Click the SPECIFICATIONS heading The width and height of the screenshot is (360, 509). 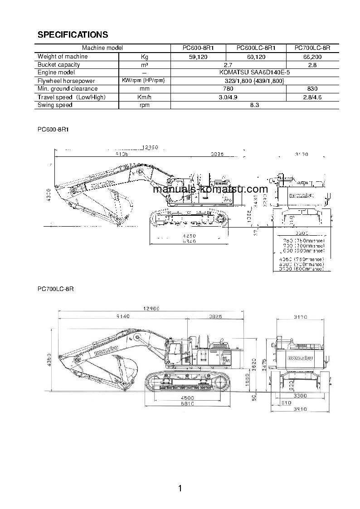click(73, 35)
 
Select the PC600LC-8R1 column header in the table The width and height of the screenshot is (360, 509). click(256, 48)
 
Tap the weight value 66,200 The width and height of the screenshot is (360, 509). click(312, 57)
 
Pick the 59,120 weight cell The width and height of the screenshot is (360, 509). click(198, 57)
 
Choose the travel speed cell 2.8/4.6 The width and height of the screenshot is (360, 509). click(312, 97)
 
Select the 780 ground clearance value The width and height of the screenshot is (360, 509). click(229, 89)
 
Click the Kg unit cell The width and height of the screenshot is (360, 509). click(144, 57)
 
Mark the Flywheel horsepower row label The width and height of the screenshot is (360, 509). click(60, 81)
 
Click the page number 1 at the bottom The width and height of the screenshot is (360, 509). click(180, 488)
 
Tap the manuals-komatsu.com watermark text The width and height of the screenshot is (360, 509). click(210, 189)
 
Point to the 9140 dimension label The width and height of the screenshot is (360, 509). click(123, 316)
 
